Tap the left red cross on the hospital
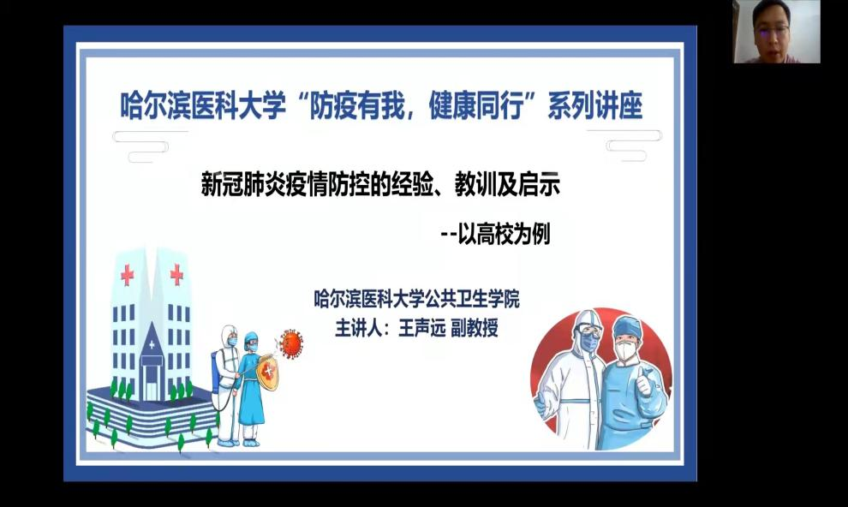[127, 275]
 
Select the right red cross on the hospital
[176, 275]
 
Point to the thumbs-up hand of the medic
[643, 381]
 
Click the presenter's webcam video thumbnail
[777, 32]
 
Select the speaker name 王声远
[421, 328]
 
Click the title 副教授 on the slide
[475, 328]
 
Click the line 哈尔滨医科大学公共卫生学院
[416, 298]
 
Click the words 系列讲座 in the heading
[595, 104]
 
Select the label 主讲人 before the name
[358, 328]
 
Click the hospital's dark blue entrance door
[151, 381]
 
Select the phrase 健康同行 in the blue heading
[476, 104]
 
